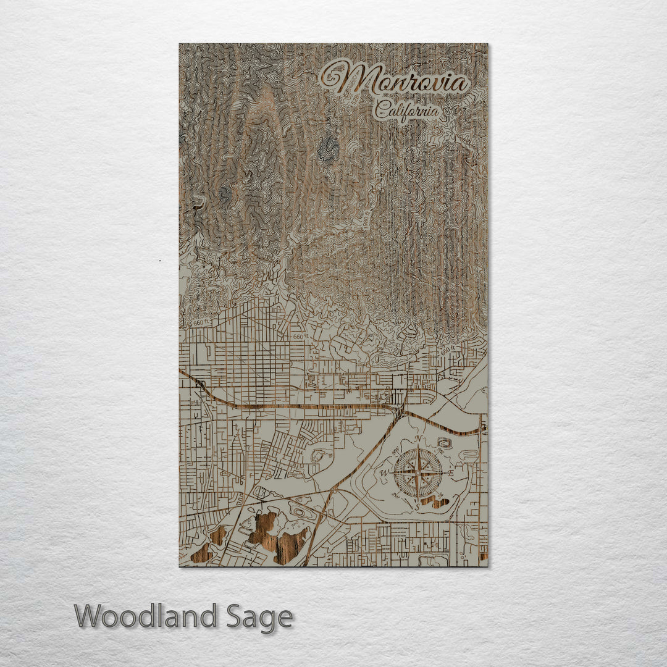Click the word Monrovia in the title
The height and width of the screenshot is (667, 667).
point(405,81)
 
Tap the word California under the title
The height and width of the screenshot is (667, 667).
point(407,111)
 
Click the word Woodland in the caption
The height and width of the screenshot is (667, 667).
point(146,617)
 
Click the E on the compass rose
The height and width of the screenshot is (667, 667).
point(450,474)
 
